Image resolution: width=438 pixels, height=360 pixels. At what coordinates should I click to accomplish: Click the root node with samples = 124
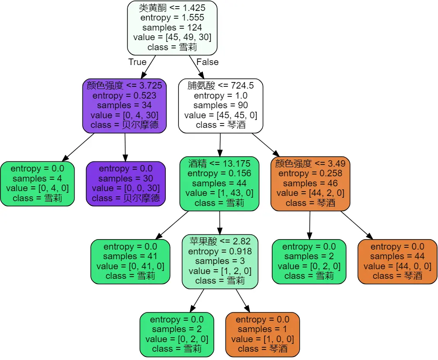[x=172, y=28]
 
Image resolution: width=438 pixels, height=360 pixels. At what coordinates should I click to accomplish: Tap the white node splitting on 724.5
[x=220, y=106]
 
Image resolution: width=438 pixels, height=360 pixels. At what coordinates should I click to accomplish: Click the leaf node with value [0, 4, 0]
[x=38, y=183]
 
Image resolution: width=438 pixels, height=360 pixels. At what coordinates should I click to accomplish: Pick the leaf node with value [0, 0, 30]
[x=126, y=183]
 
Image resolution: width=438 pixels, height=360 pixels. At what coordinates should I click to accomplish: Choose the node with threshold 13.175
[x=219, y=183]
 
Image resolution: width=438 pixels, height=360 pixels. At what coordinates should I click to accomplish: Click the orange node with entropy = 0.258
[x=310, y=183]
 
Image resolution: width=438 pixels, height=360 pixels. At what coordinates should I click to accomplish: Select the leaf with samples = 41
[x=130, y=261]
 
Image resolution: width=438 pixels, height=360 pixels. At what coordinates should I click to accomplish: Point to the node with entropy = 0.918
[x=219, y=261]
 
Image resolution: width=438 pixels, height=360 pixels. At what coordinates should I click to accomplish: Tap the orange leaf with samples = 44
[x=397, y=261]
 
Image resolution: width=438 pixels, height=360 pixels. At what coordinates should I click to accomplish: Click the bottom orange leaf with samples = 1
[x=263, y=334]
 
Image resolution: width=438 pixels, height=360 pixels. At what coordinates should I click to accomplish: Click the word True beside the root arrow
[x=137, y=62]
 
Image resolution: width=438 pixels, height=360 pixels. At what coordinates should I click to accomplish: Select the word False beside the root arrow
[x=207, y=62]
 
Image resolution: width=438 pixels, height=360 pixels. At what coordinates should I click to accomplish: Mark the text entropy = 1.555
[x=172, y=18]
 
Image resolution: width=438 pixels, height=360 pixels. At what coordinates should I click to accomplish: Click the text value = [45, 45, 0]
[x=221, y=115]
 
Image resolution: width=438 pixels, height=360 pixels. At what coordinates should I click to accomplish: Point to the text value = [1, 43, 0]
[x=219, y=193]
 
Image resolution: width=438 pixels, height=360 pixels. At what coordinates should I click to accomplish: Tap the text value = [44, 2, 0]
[x=310, y=193]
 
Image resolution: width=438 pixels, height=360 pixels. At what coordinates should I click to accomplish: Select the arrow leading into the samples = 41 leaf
[x=171, y=225]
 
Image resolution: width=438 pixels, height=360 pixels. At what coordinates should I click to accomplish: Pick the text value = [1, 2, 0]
[x=219, y=271]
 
